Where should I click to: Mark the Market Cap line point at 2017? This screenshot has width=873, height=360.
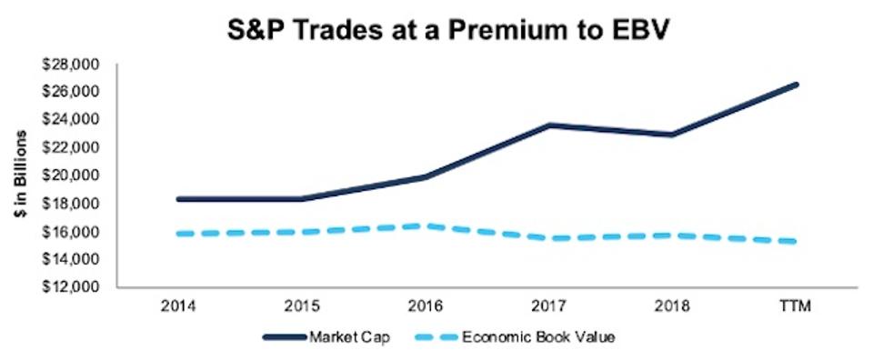pyautogui.click(x=549, y=125)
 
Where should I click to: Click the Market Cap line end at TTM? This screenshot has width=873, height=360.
pyautogui.click(x=797, y=85)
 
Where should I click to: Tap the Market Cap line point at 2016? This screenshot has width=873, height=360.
pyautogui.click(x=425, y=177)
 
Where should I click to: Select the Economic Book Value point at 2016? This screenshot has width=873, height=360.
pyautogui.click(x=425, y=225)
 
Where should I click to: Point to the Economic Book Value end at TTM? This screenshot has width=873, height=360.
pyautogui.click(x=797, y=241)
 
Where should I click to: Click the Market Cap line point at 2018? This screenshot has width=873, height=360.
pyautogui.click(x=673, y=135)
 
